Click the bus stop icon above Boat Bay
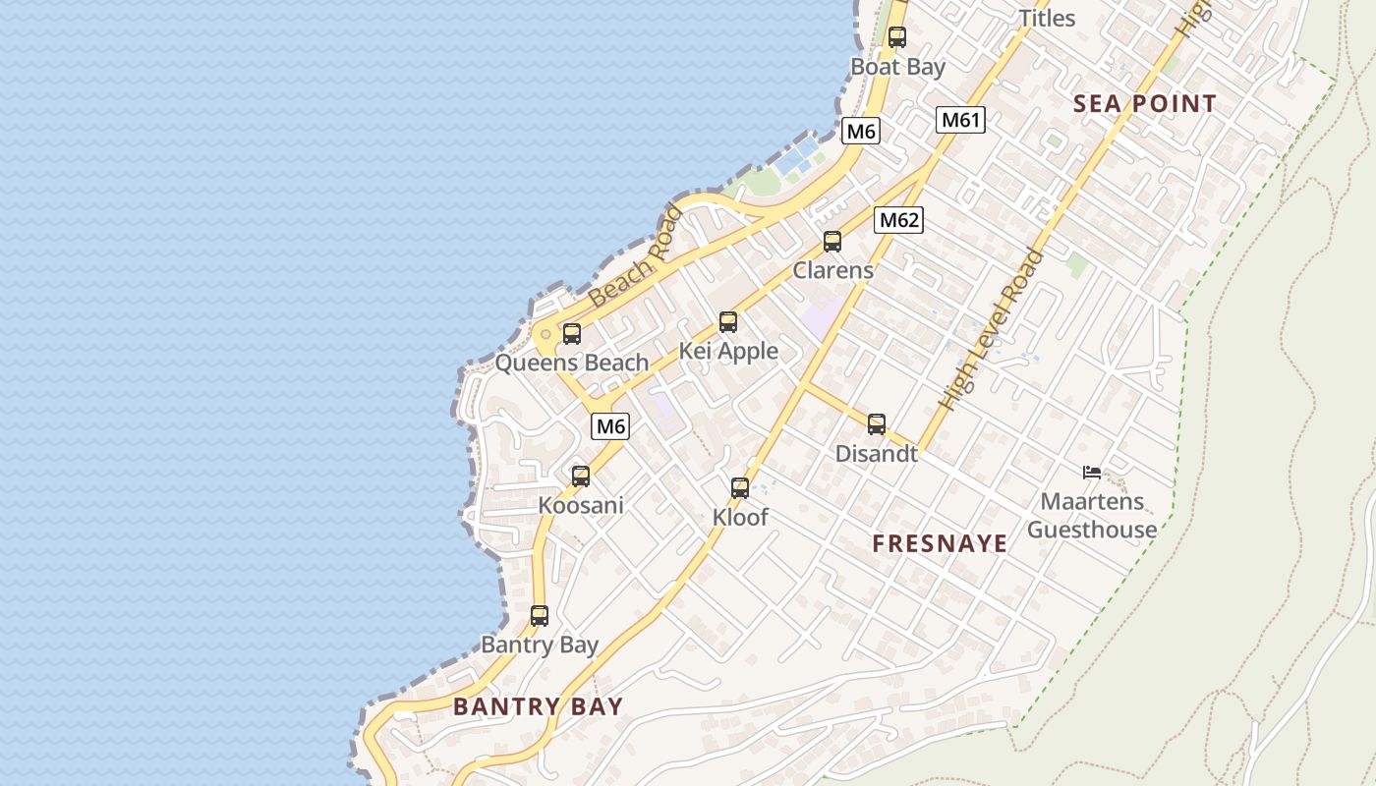[896, 38]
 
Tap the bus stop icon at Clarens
[831, 242]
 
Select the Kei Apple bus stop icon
[727, 322]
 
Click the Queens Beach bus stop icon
[571, 334]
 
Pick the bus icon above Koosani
[580, 477]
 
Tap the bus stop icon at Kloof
[739, 488]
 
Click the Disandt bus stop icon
[876, 424]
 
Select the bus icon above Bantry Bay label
[539, 616]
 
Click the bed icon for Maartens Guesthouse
[1091, 473]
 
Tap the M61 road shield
[960, 120]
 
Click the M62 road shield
[898, 220]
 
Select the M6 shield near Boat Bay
[860, 131]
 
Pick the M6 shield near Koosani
[609, 426]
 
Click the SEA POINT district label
[1144, 104]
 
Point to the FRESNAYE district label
[940, 543]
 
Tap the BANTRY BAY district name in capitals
[538, 706]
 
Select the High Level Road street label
[992, 328]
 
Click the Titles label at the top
[1047, 18]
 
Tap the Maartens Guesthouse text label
[1092, 516]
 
